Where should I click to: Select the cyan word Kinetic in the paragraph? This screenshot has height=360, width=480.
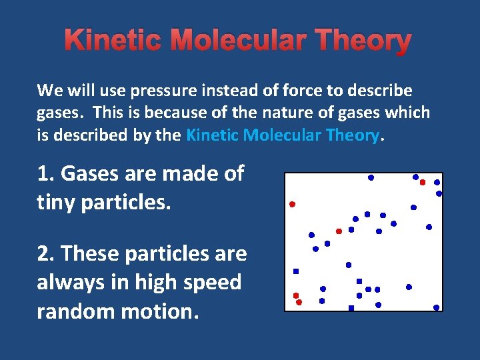(x=213, y=135)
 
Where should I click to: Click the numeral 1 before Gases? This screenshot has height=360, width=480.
(x=43, y=174)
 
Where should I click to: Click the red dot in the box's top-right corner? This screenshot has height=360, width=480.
(x=422, y=182)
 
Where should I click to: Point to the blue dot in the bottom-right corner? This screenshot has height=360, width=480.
(x=436, y=308)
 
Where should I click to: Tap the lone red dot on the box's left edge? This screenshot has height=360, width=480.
(x=292, y=204)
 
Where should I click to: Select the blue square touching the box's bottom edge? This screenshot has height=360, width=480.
(x=351, y=308)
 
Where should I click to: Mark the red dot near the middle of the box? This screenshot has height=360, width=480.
(x=339, y=231)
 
